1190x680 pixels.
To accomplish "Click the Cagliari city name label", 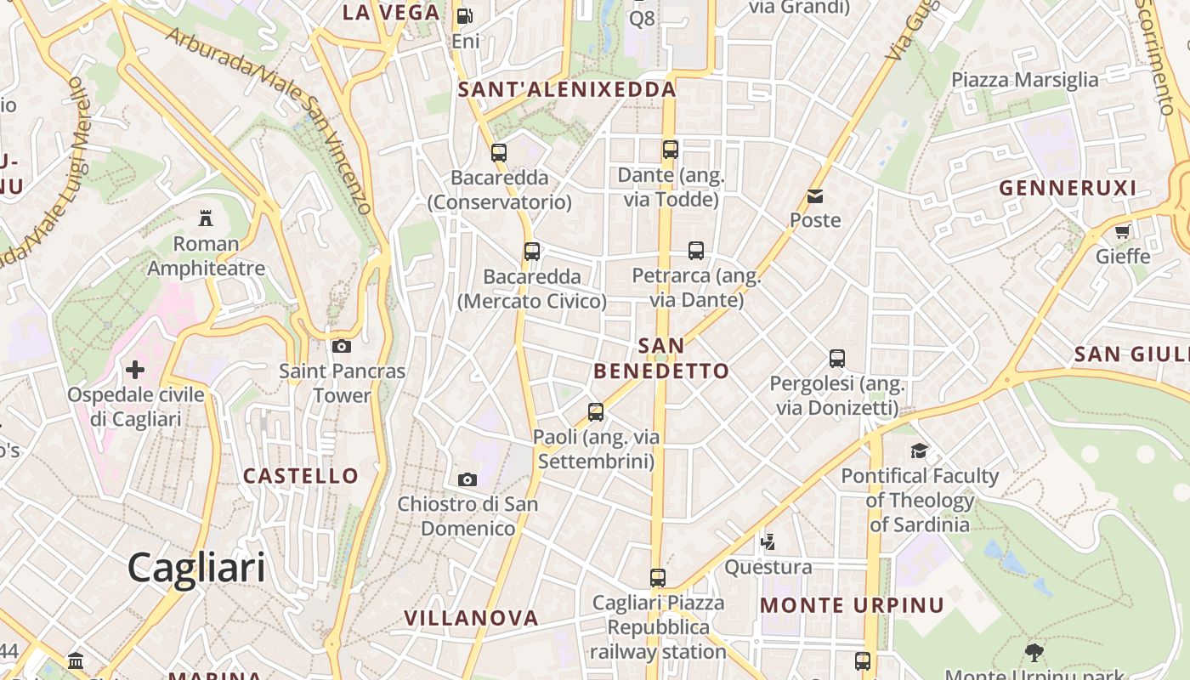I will click(x=196, y=567).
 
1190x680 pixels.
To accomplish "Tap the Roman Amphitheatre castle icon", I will click(x=206, y=218).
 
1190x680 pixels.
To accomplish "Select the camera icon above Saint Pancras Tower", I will click(x=342, y=346).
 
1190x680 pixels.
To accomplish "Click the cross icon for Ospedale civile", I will click(x=135, y=370).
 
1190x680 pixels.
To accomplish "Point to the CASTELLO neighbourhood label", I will click(x=301, y=475).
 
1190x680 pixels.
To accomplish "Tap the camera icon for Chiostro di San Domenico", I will click(x=467, y=479).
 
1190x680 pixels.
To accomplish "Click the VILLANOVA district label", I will click(x=471, y=618).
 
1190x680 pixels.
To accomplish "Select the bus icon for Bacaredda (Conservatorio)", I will click(x=499, y=153).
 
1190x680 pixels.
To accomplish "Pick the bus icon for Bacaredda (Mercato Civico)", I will click(x=532, y=252).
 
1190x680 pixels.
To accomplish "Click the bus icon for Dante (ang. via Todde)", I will click(x=671, y=150).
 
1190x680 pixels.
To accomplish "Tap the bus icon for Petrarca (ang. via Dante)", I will click(x=696, y=251).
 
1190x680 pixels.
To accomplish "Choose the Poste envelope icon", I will click(x=815, y=196).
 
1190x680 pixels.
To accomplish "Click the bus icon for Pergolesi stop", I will click(x=837, y=359).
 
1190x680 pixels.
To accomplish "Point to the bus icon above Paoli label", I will click(x=596, y=412).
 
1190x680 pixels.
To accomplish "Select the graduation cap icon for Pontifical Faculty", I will click(x=919, y=450).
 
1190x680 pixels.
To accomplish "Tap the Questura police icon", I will click(x=768, y=541).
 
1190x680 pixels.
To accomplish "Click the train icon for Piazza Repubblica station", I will click(x=657, y=578).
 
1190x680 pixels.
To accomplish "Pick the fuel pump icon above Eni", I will click(x=464, y=15).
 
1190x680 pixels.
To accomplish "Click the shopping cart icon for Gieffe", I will click(x=1122, y=231).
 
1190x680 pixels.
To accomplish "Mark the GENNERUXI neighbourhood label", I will click(x=1068, y=188).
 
